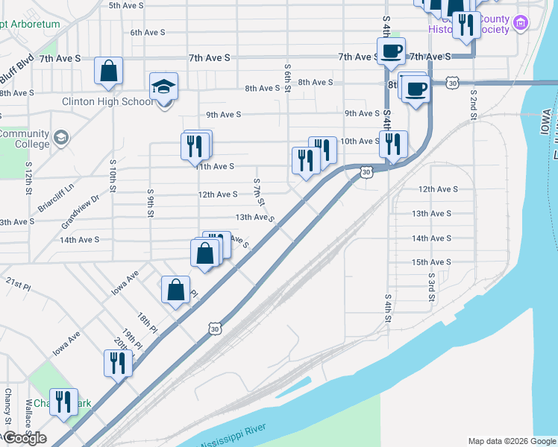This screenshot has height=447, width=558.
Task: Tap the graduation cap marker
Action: pos(164,87)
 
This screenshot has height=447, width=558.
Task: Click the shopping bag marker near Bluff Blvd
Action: pos(109,72)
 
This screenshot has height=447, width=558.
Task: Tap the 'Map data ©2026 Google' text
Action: pos(511,441)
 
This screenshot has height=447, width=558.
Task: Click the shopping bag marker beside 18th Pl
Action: pos(175,290)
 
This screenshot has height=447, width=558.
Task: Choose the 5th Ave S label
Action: pos(126,5)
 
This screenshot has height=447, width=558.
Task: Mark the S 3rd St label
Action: pos(431,287)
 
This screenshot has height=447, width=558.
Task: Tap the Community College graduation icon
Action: pos(60,137)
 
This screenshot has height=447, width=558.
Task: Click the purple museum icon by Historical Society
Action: pos(520,23)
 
